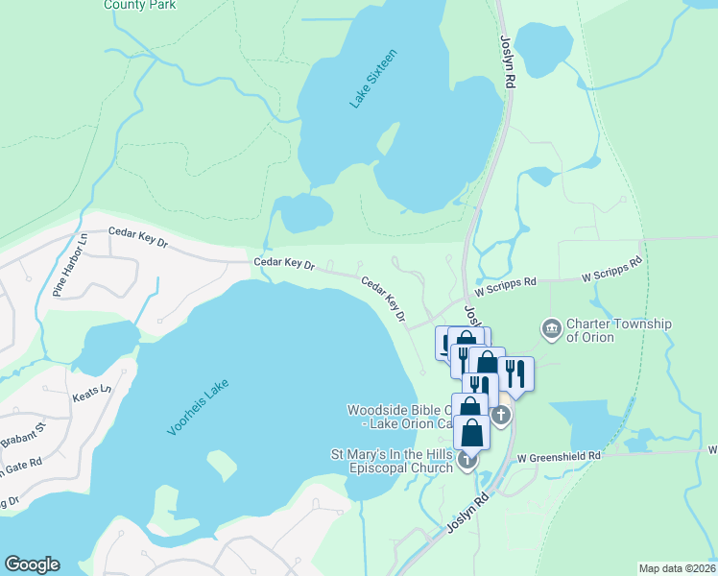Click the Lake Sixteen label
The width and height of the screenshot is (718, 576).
tap(372, 78)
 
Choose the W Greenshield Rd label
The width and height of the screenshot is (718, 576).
tap(559, 456)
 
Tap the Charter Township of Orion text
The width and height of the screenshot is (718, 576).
tap(618, 330)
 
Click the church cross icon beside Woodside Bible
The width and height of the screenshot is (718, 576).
tap(500, 415)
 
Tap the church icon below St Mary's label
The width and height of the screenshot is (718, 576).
tap(467, 461)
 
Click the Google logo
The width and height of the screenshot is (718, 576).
tap(32, 564)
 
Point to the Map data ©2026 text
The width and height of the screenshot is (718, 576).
tap(677, 568)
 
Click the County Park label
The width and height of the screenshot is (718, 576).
tap(140, 5)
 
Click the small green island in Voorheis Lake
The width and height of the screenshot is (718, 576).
tap(222, 466)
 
